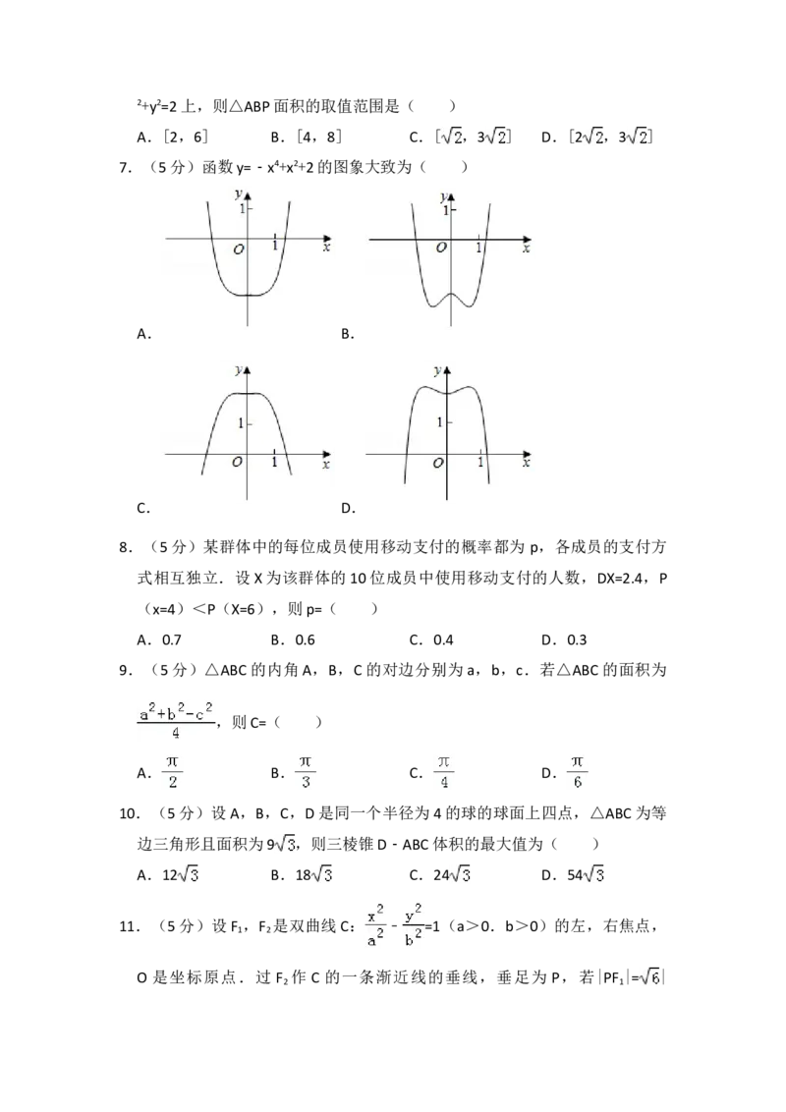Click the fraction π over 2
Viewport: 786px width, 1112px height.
[x=173, y=771]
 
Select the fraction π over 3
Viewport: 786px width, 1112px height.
[x=307, y=771]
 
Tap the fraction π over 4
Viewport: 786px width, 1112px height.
[x=445, y=771]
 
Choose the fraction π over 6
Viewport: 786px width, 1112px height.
[x=579, y=771]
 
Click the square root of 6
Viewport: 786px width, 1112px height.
[x=648, y=977]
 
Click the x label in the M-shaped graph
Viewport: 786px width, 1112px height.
[x=526, y=465]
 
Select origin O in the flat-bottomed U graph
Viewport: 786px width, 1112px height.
[x=238, y=250]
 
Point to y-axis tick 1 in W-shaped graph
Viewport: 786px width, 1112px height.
[x=445, y=210]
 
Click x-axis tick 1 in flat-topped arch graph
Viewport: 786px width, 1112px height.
[x=274, y=463]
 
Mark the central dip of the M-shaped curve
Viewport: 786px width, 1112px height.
[x=448, y=393]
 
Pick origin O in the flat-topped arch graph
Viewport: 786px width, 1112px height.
[x=237, y=463]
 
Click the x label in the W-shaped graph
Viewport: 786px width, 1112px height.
[x=526, y=250]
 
